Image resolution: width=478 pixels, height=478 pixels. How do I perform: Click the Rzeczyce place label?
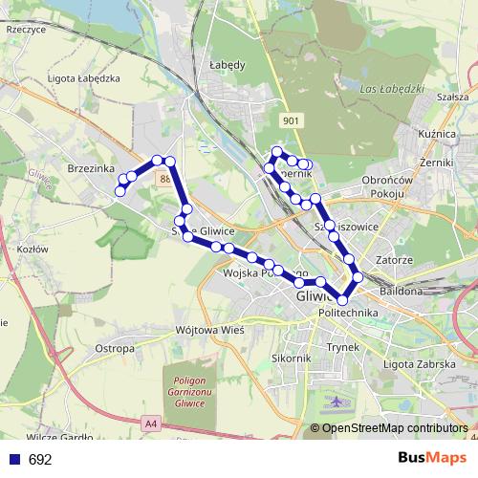pos(26,30)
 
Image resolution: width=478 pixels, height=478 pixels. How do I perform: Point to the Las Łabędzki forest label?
pos(386,90)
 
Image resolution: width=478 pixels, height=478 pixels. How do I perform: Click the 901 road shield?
pos(292,119)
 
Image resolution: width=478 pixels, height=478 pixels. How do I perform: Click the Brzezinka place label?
pos(92,166)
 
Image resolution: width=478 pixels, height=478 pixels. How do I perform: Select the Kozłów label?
pos(33,249)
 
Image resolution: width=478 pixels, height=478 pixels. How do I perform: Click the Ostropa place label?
pos(115,349)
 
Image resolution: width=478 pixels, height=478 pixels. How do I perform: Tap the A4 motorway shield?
pos(151,422)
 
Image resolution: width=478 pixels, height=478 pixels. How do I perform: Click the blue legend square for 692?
pos(13,459)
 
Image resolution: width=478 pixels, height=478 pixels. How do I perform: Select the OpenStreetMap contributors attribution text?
pos(394,428)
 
